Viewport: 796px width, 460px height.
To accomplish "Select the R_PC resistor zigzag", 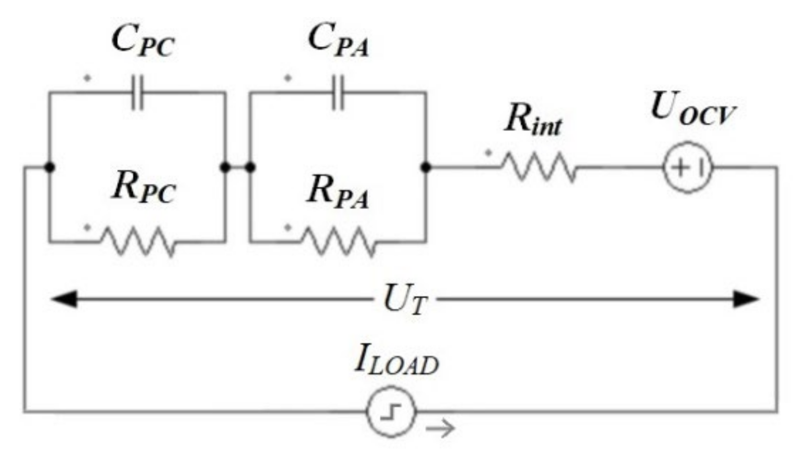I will (x=138, y=242).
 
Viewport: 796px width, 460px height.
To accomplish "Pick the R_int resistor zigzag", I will (x=540, y=167).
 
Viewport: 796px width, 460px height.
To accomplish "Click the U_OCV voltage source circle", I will (x=688, y=167).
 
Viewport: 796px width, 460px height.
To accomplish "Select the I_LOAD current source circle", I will (x=391, y=412).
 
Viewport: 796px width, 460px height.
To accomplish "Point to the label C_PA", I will (x=338, y=41).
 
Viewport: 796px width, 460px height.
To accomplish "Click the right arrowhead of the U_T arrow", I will (x=746, y=299).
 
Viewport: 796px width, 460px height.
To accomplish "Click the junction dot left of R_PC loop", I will (x=49, y=167).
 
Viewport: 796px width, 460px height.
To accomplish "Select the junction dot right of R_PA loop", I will (x=426, y=167).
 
